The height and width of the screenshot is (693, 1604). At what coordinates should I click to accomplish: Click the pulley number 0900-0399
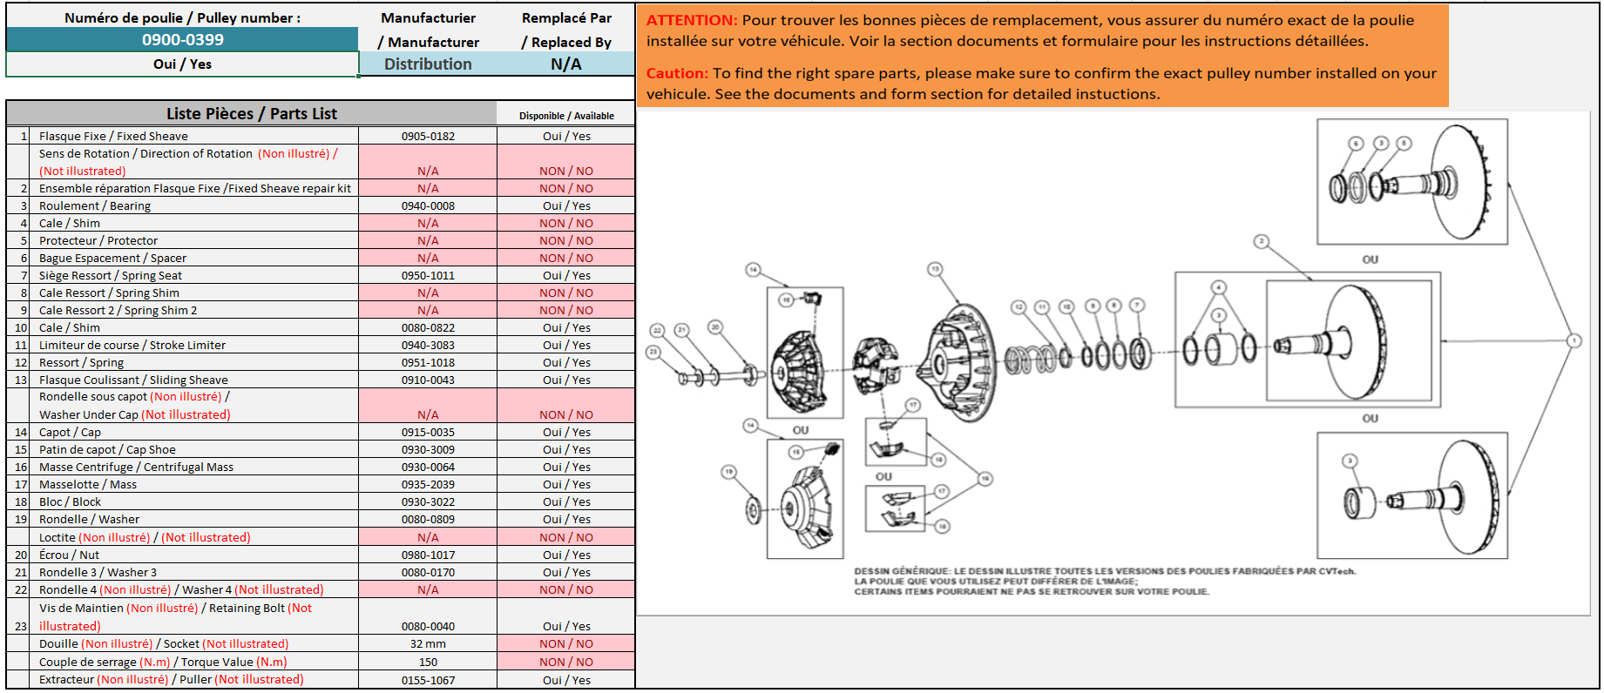(x=183, y=39)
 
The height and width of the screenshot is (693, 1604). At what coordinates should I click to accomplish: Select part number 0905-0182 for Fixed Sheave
(x=428, y=136)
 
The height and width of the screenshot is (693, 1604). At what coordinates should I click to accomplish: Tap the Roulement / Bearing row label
(x=95, y=205)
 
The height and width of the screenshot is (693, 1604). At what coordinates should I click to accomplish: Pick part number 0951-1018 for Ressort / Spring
(x=428, y=362)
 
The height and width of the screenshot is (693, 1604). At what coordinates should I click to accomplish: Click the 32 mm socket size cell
(x=428, y=643)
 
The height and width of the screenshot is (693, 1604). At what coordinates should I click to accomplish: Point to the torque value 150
(x=428, y=662)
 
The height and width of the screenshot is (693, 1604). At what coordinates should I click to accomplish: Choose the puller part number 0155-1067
(x=428, y=680)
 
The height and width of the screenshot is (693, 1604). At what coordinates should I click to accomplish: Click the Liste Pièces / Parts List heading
(x=251, y=113)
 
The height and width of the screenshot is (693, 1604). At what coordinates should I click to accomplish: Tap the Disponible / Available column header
(x=566, y=116)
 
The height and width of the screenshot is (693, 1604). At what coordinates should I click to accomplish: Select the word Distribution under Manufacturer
(x=428, y=64)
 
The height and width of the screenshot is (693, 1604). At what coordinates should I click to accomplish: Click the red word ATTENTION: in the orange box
(x=692, y=20)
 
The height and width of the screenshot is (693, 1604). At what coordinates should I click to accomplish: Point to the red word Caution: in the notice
(x=677, y=73)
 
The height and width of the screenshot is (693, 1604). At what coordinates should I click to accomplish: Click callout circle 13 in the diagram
(x=935, y=269)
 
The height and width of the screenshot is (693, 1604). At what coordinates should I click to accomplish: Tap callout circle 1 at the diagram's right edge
(x=1574, y=340)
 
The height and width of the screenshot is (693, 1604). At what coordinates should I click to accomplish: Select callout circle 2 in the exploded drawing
(x=1261, y=241)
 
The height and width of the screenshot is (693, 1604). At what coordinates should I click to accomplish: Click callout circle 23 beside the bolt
(x=653, y=352)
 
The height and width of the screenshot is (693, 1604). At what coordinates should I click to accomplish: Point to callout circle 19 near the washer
(x=728, y=472)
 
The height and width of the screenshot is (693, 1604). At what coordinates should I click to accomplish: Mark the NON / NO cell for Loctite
(x=565, y=537)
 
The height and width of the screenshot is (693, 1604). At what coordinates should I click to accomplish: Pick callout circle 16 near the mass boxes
(x=985, y=478)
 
